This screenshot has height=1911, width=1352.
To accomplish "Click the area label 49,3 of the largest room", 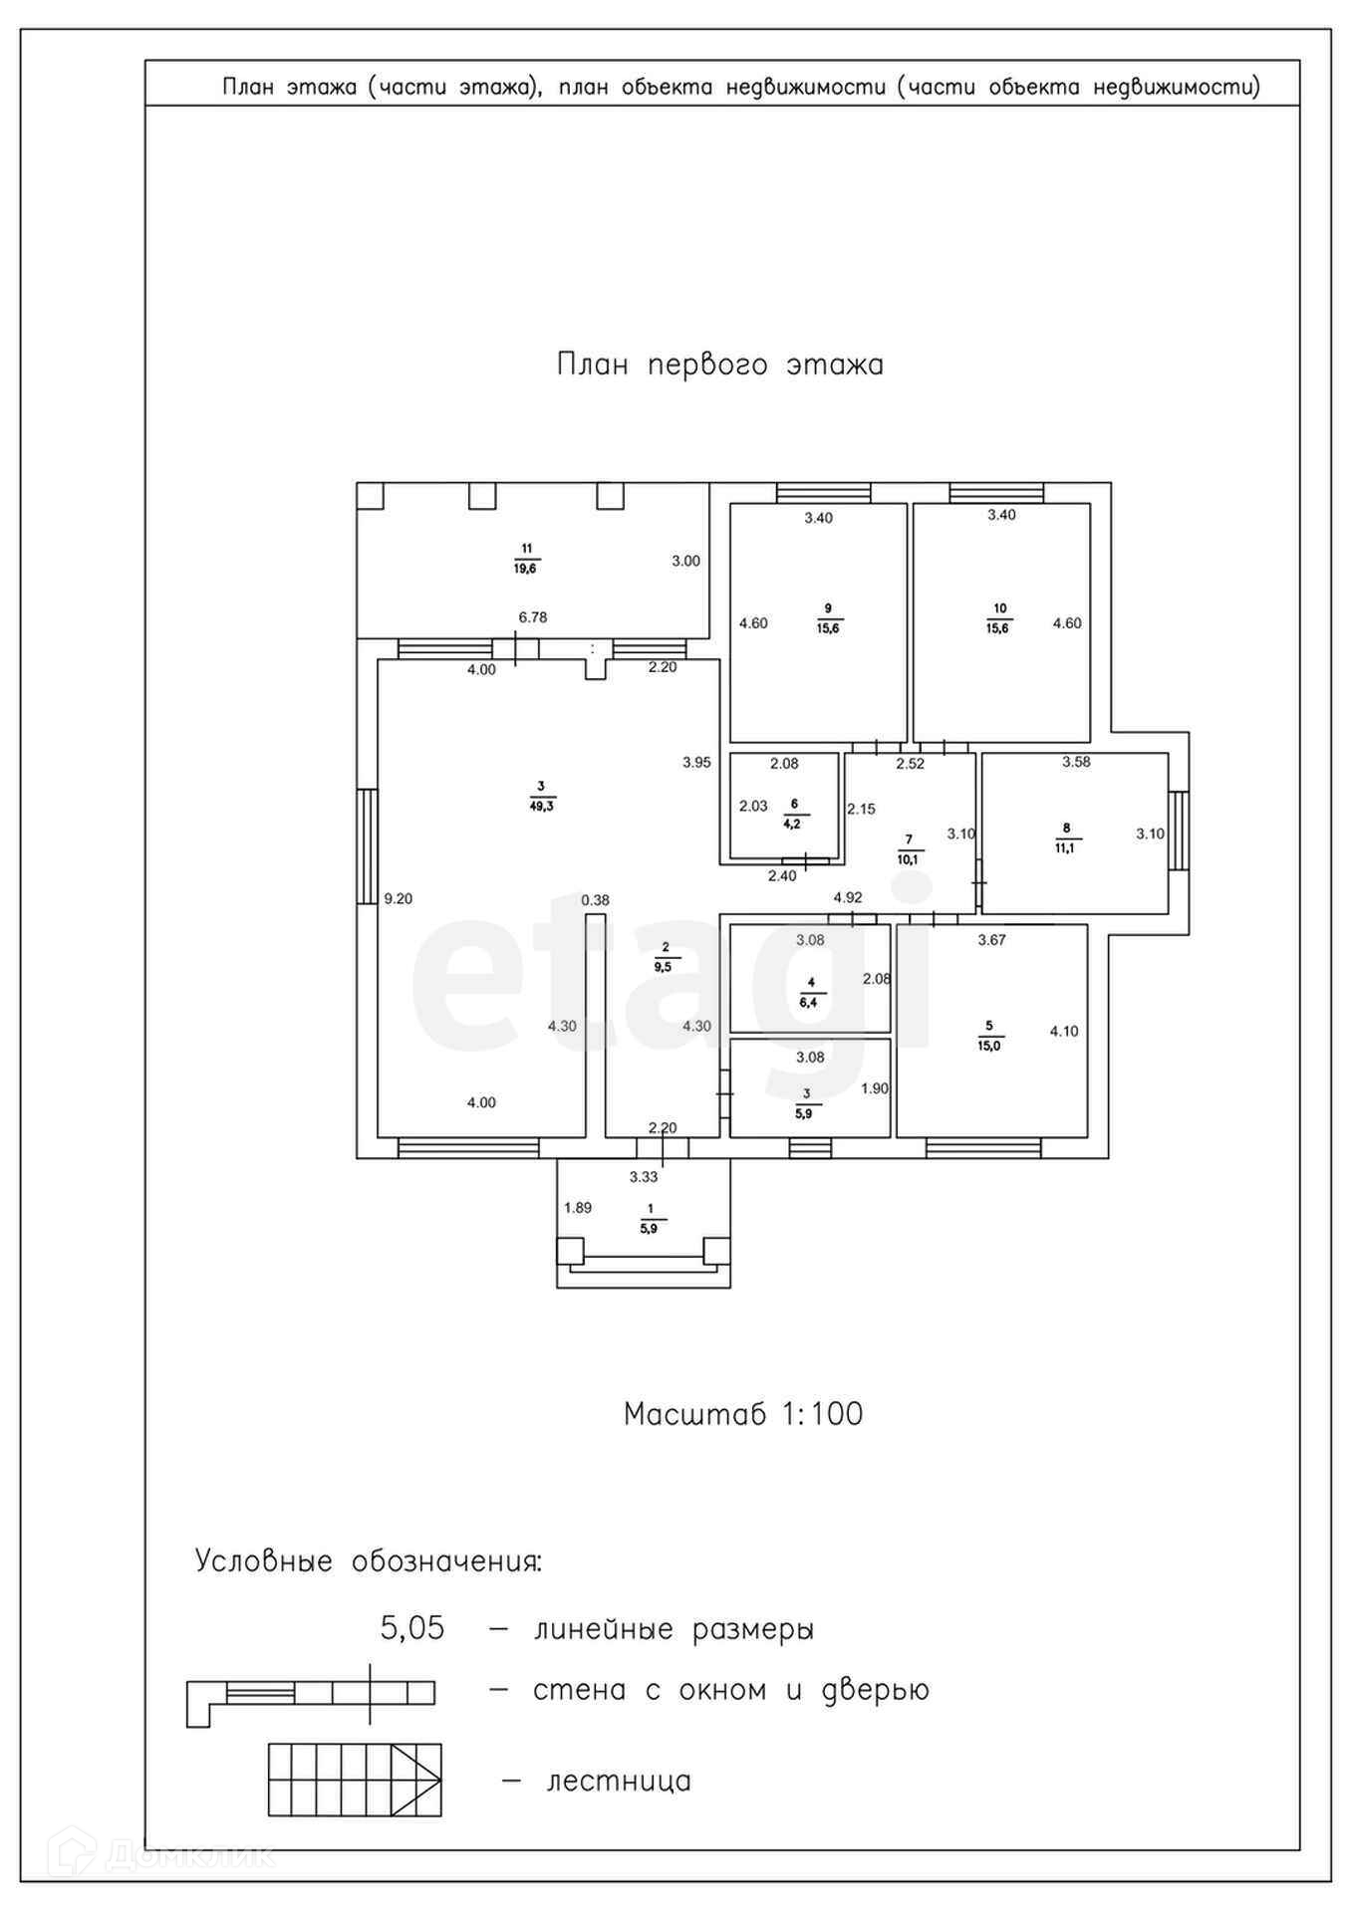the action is point(542,807).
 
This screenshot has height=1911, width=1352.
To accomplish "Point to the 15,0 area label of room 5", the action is point(988,1047).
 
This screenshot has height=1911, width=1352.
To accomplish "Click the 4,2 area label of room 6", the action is point(794,825).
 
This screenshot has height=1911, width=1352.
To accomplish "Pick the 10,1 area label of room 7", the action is point(908,858).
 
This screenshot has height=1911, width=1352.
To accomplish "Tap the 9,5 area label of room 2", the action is point(664,965).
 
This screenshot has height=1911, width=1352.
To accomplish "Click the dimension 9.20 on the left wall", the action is point(399,898).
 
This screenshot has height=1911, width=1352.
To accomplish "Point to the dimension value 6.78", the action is point(533,617).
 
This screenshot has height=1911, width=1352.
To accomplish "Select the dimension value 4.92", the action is point(848,897).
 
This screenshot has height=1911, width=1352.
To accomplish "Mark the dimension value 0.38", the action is point(595,900).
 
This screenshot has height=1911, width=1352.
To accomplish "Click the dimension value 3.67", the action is point(991,939).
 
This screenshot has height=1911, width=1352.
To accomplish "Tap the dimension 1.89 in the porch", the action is point(578,1208).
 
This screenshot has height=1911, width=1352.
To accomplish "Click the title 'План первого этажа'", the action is point(719,364).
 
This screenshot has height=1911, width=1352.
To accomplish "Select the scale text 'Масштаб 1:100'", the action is point(742,1414).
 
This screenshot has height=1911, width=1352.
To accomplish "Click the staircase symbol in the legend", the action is point(354,1780).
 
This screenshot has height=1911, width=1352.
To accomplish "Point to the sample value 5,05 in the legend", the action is point(412,1629).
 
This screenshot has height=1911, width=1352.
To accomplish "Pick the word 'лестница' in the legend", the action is point(619,1781).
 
